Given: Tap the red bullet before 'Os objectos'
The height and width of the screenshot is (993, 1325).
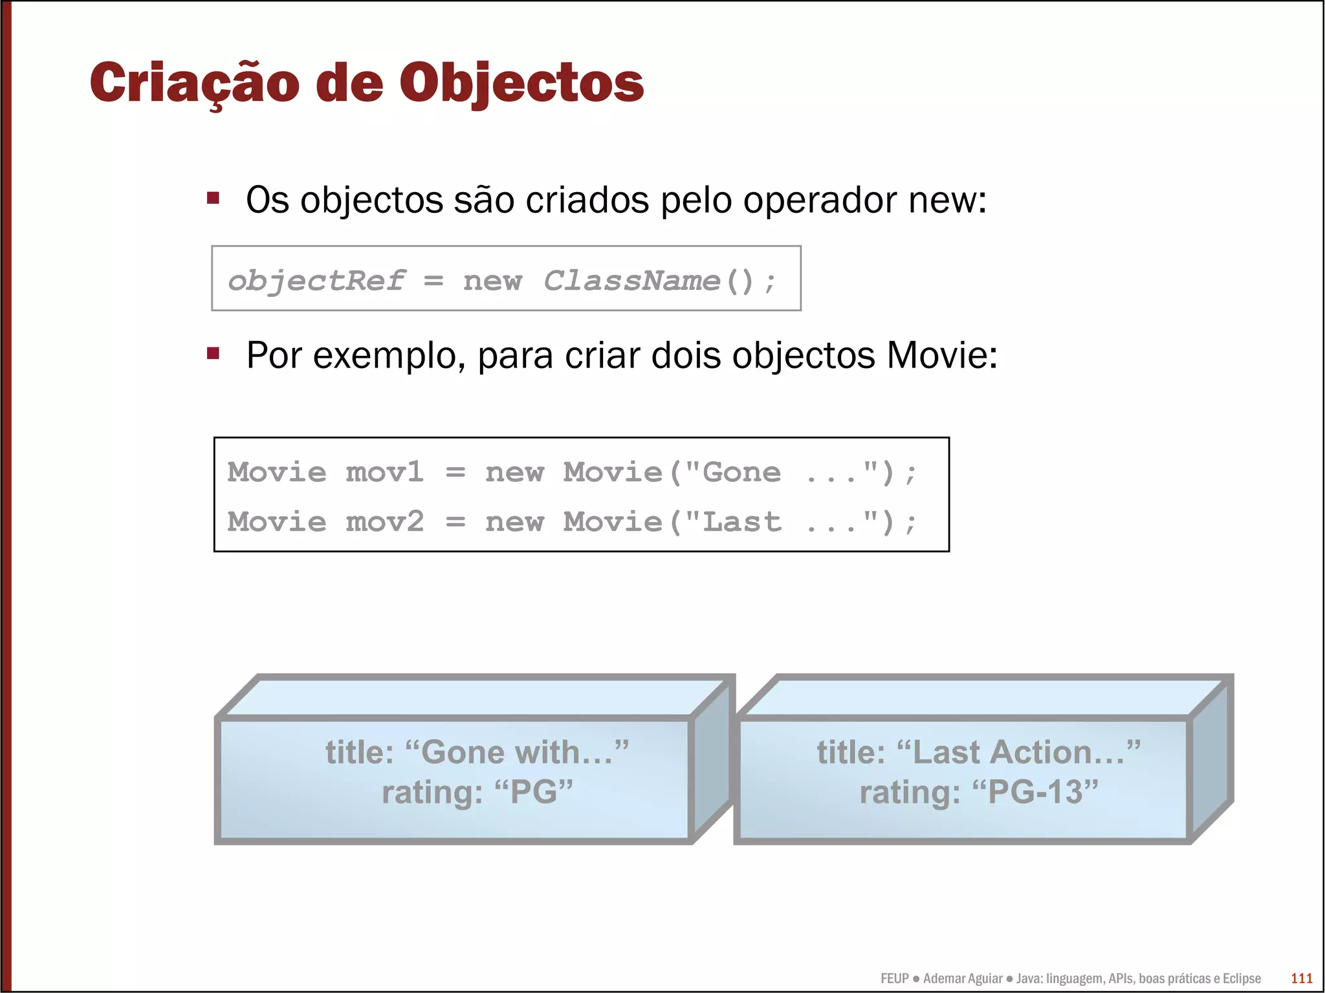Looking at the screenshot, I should (x=213, y=198).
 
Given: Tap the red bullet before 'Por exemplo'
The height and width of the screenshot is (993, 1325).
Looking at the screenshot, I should (x=213, y=353).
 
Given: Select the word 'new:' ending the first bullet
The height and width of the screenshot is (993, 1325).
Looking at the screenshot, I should (x=947, y=201).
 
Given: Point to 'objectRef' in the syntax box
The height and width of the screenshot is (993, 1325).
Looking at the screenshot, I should (x=316, y=281).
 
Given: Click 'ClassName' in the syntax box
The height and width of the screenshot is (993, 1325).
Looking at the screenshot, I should (x=632, y=281).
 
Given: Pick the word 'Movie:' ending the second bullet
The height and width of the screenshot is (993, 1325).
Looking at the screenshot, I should (x=942, y=356).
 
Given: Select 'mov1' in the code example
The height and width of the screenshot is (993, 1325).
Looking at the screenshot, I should (x=384, y=472).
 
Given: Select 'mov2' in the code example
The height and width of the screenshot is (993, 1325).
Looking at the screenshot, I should (x=384, y=522).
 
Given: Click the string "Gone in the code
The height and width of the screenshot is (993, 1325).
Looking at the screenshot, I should (x=732, y=472).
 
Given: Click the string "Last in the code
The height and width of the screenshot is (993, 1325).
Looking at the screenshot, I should (x=732, y=522).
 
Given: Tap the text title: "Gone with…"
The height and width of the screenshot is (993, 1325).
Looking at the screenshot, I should (x=477, y=752).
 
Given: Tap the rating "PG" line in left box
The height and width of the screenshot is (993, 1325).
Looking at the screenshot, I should (x=477, y=792).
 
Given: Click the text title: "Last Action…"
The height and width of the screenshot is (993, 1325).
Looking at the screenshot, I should (x=978, y=752).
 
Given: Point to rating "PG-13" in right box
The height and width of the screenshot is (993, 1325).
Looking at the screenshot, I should (x=978, y=792).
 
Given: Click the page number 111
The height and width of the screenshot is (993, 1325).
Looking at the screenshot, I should (x=1301, y=978).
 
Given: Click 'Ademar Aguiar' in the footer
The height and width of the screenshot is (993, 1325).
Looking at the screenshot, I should (x=963, y=978).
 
